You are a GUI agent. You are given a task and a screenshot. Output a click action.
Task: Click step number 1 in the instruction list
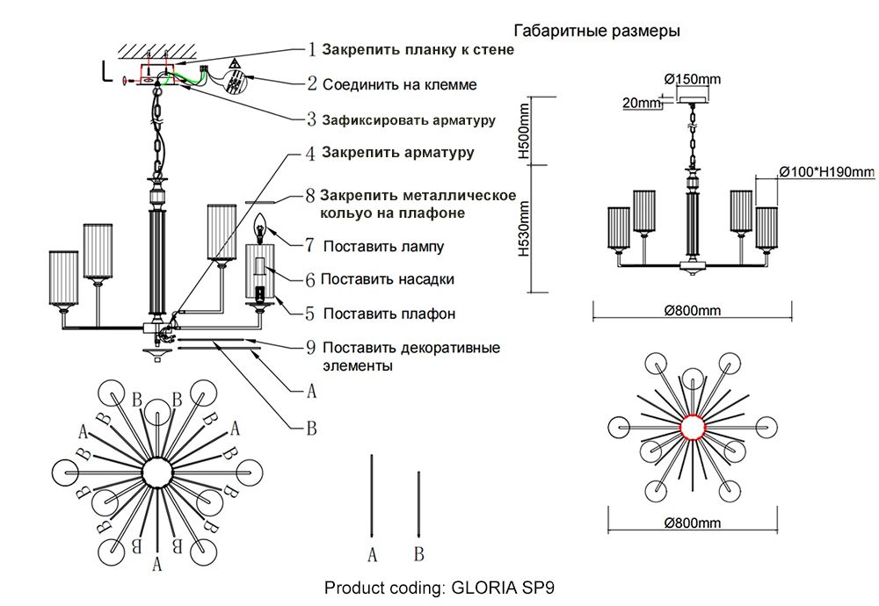click(x=311, y=50)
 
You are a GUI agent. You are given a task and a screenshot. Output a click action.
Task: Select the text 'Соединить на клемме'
click(x=400, y=85)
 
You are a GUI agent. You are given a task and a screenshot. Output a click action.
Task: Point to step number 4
click(x=310, y=153)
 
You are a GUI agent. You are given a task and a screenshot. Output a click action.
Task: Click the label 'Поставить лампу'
click(x=383, y=247)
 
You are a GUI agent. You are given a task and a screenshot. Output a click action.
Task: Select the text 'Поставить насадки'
click(x=387, y=279)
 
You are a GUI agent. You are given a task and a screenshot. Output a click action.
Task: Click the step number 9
click(x=310, y=347)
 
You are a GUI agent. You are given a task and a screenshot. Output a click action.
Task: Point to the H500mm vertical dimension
click(x=525, y=130)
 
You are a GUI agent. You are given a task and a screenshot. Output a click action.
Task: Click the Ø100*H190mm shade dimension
click(x=825, y=171)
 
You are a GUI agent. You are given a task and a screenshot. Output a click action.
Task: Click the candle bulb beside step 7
click(x=261, y=229)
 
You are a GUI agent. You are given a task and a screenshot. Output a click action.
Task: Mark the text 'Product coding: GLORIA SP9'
click(x=439, y=587)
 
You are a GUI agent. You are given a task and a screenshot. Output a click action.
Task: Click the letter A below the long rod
click(x=373, y=554)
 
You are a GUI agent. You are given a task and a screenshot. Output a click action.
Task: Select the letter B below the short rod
click(x=418, y=554)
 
